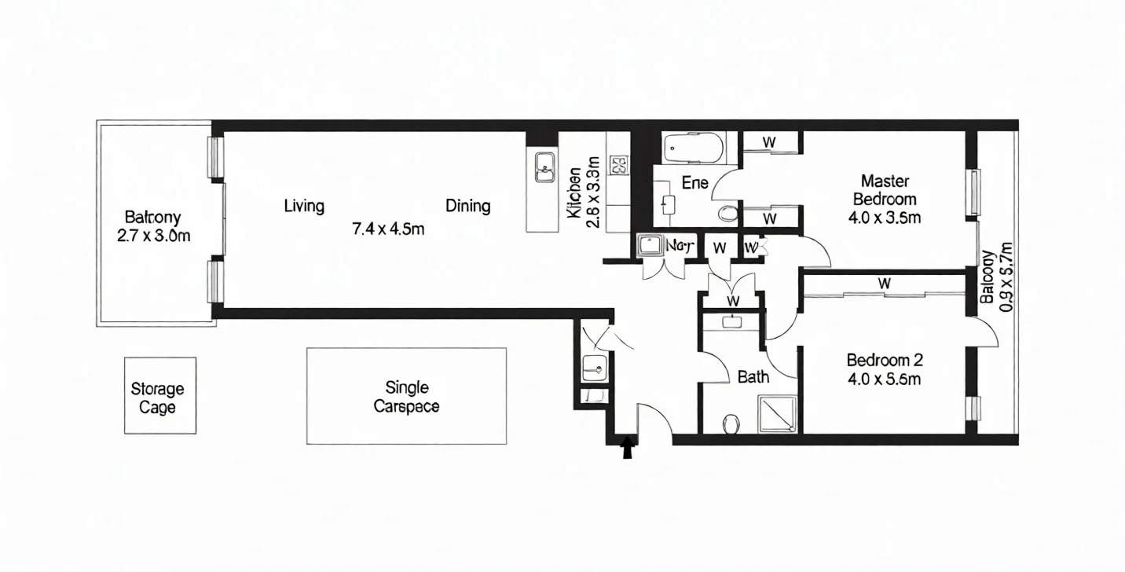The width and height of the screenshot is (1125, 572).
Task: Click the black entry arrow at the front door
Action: [x=626, y=447]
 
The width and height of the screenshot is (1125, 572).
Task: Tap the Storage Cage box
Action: [x=159, y=396]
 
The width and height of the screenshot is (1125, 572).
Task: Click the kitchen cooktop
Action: [x=618, y=165]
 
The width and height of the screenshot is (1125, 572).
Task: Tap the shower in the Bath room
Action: [x=777, y=413]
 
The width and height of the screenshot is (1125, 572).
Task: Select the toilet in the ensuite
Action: [x=727, y=213]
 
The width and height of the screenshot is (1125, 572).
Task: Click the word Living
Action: [x=304, y=206]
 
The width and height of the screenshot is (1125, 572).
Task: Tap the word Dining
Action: [x=468, y=206]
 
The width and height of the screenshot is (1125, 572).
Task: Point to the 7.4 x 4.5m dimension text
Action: [x=388, y=229]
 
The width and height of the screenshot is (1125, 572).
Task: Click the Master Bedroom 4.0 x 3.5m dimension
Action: [x=885, y=218]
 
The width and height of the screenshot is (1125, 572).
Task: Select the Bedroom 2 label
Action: [x=885, y=361]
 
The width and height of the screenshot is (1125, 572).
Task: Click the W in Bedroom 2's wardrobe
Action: [x=884, y=283]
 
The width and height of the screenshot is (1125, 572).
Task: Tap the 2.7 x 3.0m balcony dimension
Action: [x=153, y=236]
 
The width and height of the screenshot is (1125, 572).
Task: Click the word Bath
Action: [x=753, y=377]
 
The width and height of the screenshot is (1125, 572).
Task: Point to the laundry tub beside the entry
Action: [x=595, y=366]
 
